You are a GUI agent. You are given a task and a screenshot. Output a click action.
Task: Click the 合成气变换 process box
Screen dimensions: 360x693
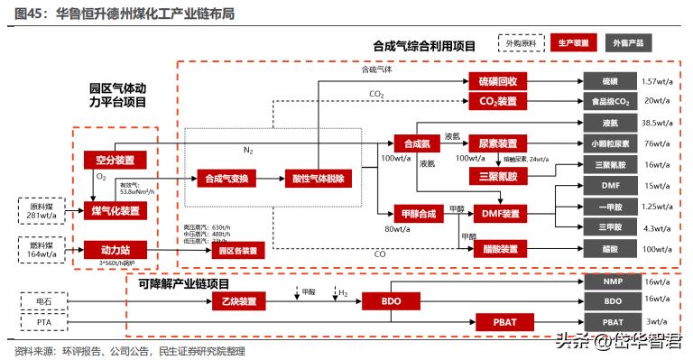click(x=226, y=179)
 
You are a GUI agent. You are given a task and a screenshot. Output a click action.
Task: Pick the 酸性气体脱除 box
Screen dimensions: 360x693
click(x=319, y=179)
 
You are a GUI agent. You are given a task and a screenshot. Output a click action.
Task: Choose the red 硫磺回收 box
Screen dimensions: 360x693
click(x=498, y=81)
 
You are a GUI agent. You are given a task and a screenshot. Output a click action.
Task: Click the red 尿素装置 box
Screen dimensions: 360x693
click(x=498, y=143)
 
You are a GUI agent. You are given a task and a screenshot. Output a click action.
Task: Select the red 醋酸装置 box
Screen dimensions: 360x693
click(x=498, y=248)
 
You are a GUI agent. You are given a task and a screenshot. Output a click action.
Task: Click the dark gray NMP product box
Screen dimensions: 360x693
click(x=612, y=282)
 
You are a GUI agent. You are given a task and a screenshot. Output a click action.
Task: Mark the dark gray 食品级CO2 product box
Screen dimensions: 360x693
click(x=612, y=101)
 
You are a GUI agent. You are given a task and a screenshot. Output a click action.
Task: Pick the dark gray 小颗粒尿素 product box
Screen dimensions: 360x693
click(x=612, y=143)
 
